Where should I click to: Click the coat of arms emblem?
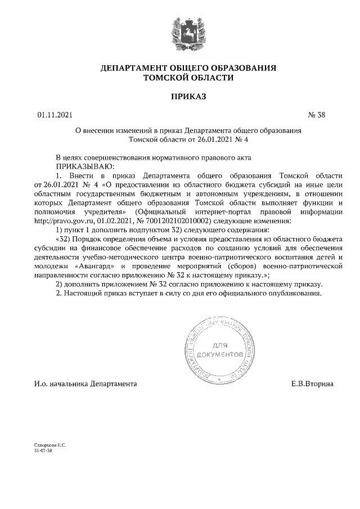point(179,33)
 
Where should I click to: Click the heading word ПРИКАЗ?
point(179,97)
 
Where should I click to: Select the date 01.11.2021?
point(55,116)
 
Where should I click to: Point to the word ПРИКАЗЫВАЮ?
point(84,166)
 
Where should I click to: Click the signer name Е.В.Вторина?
point(312,384)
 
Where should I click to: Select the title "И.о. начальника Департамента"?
point(85,384)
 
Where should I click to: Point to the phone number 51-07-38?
point(43,451)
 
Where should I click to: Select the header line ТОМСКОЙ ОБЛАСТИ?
point(180,78)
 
